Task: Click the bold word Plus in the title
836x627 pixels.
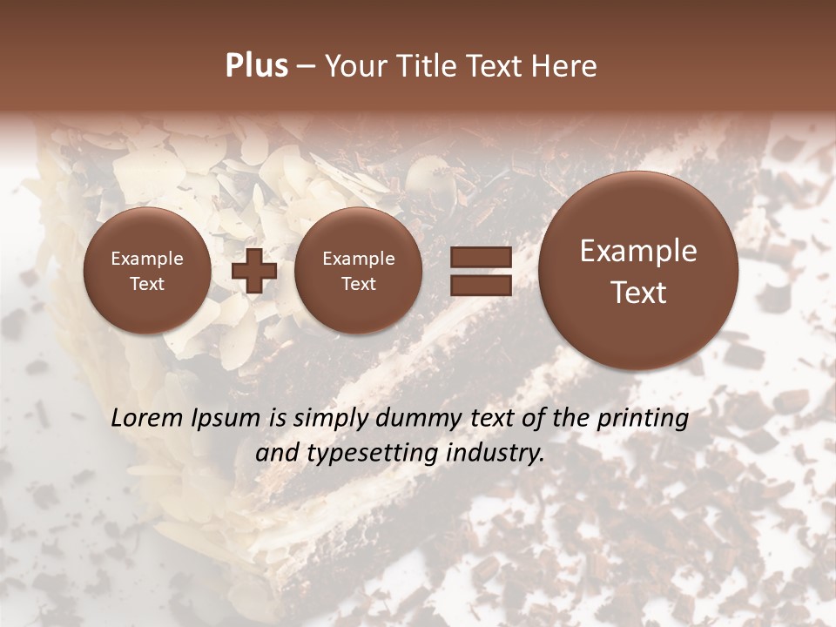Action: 256,66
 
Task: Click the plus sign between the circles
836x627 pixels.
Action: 254,271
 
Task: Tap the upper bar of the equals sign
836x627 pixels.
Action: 480,256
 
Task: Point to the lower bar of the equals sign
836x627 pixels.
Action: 480,285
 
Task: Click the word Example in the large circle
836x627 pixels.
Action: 638,251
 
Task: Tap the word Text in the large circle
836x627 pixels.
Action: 638,293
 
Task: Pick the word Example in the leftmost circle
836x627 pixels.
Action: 146,259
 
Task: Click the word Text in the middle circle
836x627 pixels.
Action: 358,284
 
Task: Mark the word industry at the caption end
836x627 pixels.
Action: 501,453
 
